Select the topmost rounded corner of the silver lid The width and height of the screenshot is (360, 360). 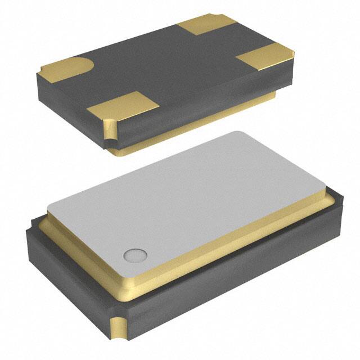(x=239, y=134)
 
